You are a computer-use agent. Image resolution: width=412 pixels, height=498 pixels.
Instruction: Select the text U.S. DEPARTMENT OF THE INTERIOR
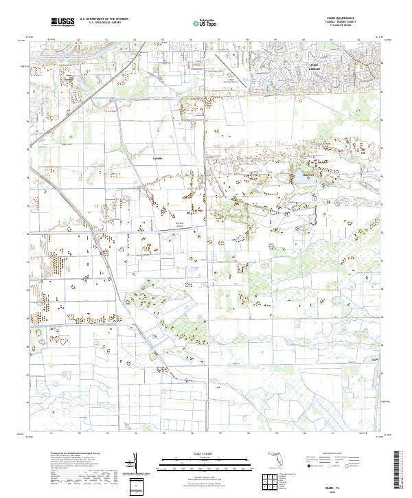pyautogui.click(x=103, y=20)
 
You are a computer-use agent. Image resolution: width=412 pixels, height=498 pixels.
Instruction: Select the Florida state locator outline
pyautogui.click(x=276, y=457)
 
